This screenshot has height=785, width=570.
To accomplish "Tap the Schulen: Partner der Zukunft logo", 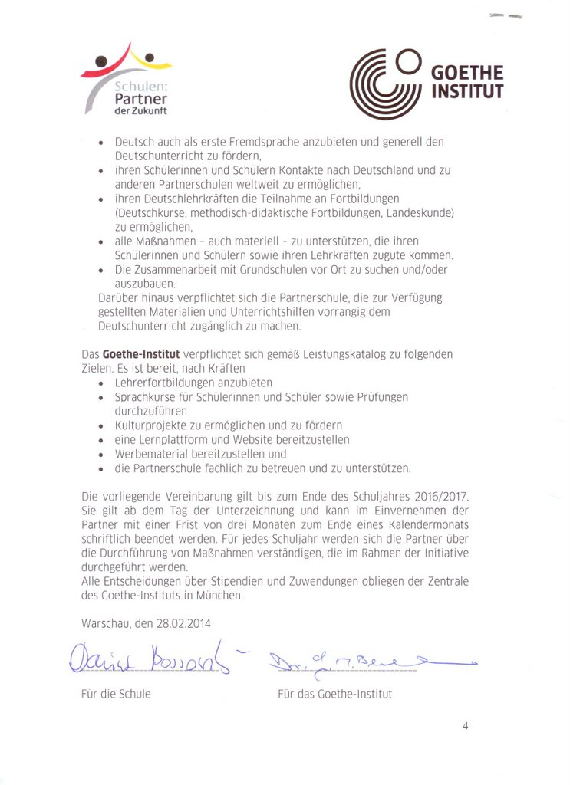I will [127, 80].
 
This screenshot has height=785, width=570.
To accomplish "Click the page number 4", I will [466, 726].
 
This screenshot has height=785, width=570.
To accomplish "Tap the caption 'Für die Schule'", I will [116, 694].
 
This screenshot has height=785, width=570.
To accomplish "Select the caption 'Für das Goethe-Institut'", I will [334, 694].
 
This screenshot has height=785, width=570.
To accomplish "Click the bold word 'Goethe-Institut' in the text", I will [141, 354].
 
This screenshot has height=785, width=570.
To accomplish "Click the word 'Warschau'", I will [107, 624].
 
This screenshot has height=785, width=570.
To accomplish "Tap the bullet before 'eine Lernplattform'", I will [102, 441].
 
